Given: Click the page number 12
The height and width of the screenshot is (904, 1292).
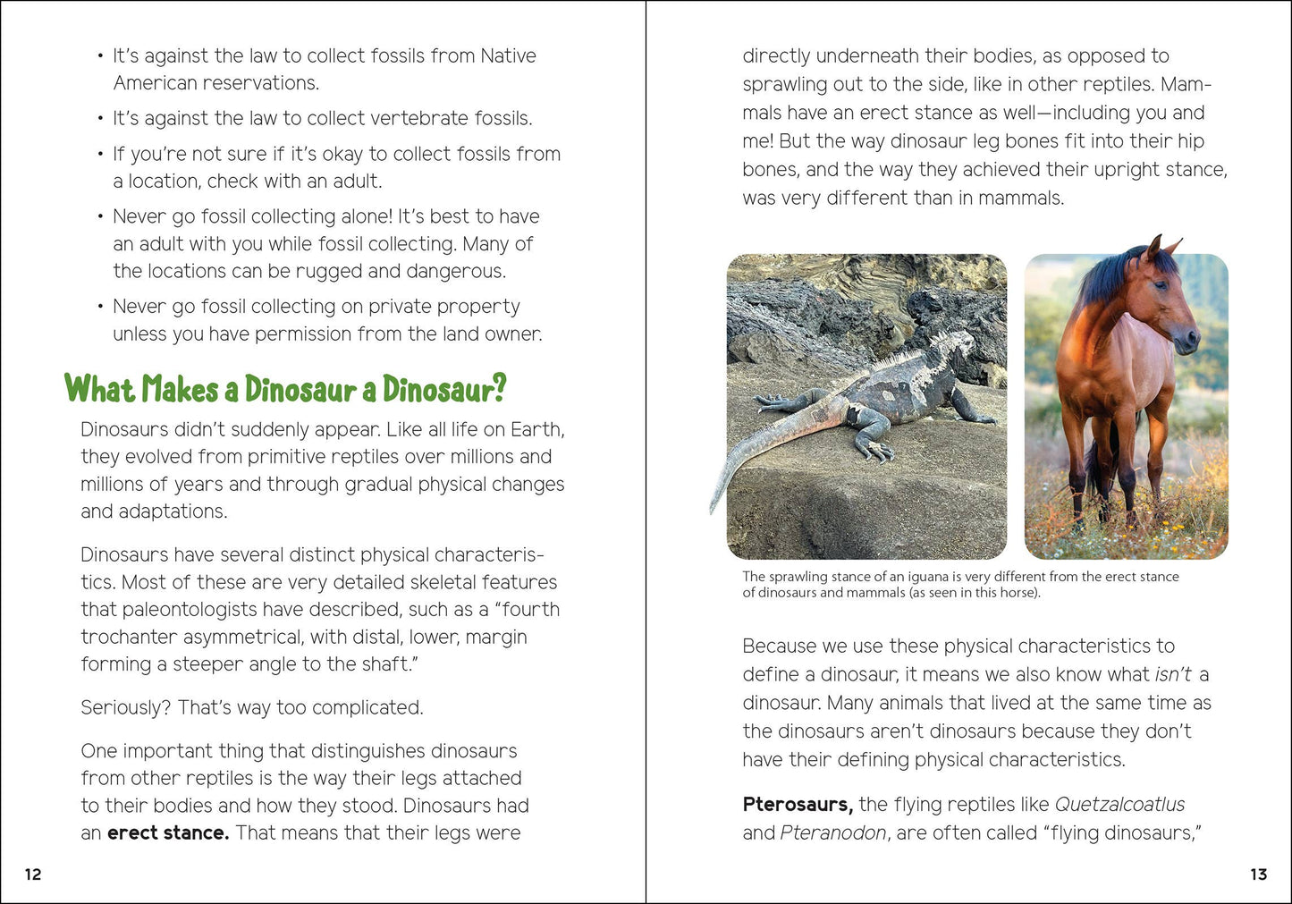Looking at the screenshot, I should pos(33,874).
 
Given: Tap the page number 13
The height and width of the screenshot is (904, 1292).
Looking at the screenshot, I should pos(1258,874).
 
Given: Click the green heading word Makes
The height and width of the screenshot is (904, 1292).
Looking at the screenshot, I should pos(180,390).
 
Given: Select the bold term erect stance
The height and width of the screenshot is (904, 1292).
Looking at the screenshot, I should pos(168,833).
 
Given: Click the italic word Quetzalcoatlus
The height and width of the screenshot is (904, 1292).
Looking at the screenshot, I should pos(1119,805).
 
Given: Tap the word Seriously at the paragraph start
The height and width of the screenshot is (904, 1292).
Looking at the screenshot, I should pos(125,708).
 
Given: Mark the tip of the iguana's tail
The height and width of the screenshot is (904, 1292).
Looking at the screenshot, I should pos(714,510).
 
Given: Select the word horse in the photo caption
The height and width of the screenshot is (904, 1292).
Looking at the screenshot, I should pos(1020,593).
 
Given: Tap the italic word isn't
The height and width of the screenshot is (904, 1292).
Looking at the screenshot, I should pos(1173,675).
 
